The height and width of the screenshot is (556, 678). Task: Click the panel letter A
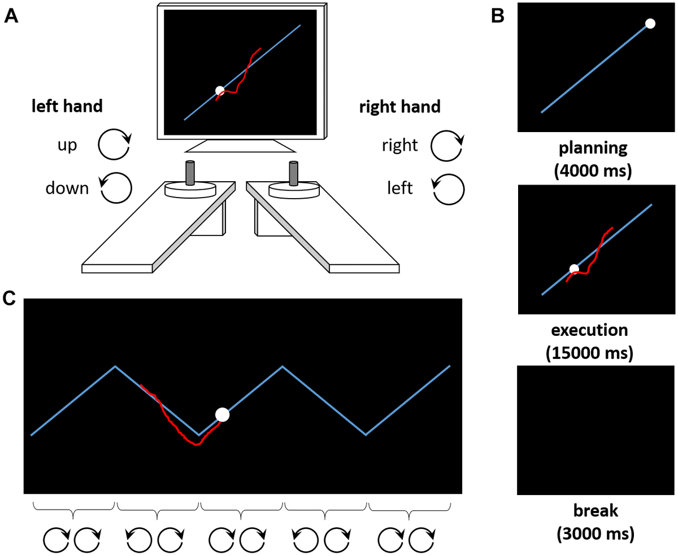click(11, 16)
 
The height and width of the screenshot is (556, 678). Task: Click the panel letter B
click(498, 16)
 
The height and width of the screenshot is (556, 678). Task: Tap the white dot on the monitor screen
click(220, 91)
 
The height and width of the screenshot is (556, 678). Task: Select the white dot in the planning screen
click(650, 24)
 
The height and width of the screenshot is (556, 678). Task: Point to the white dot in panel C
click(223, 415)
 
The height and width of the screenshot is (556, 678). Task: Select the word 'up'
click(67, 145)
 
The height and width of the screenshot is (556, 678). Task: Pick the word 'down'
click(67, 188)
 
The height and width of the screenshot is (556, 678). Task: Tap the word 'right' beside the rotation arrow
click(399, 146)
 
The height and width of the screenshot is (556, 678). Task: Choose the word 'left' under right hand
click(400, 188)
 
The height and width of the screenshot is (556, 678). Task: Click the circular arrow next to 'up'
click(115, 145)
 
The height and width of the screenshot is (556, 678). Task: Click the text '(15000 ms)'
click(589, 353)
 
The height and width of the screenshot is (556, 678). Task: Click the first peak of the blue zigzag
click(116, 366)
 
